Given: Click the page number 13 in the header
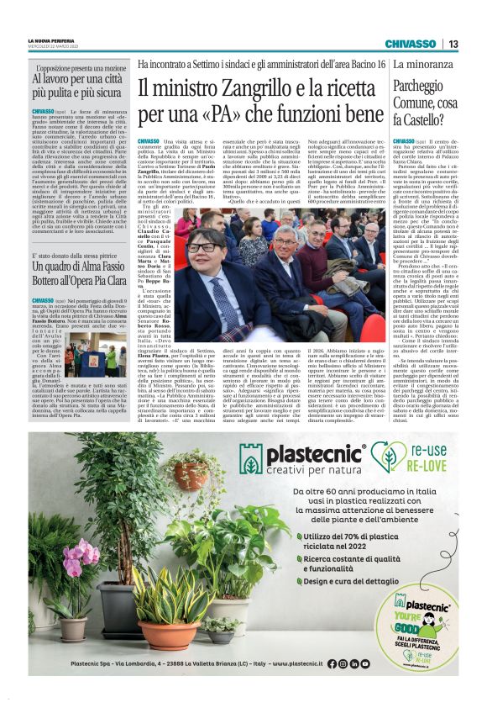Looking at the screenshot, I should pyautogui.click(x=453, y=44).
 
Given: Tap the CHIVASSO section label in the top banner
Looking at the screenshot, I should pyautogui.click(x=410, y=44).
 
